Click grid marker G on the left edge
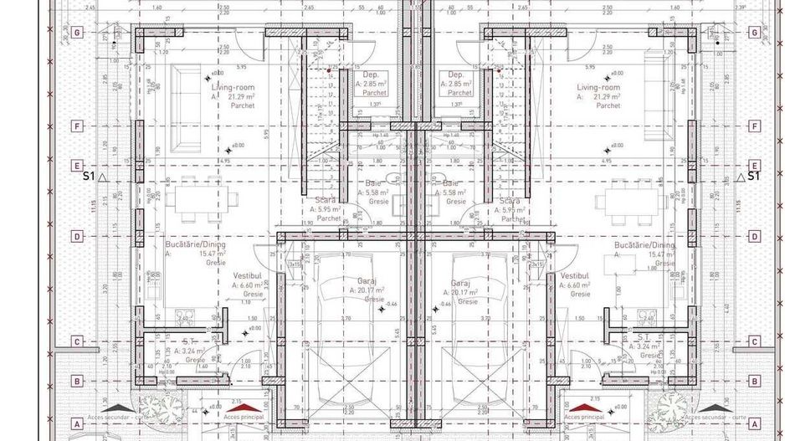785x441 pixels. [77, 33]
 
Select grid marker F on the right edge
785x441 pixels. [755, 126]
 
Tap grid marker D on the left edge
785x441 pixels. [77, 237]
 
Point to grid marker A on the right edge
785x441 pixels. [755, 423]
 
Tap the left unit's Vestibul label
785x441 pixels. [248, 275]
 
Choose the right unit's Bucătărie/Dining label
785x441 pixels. [644, 245]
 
